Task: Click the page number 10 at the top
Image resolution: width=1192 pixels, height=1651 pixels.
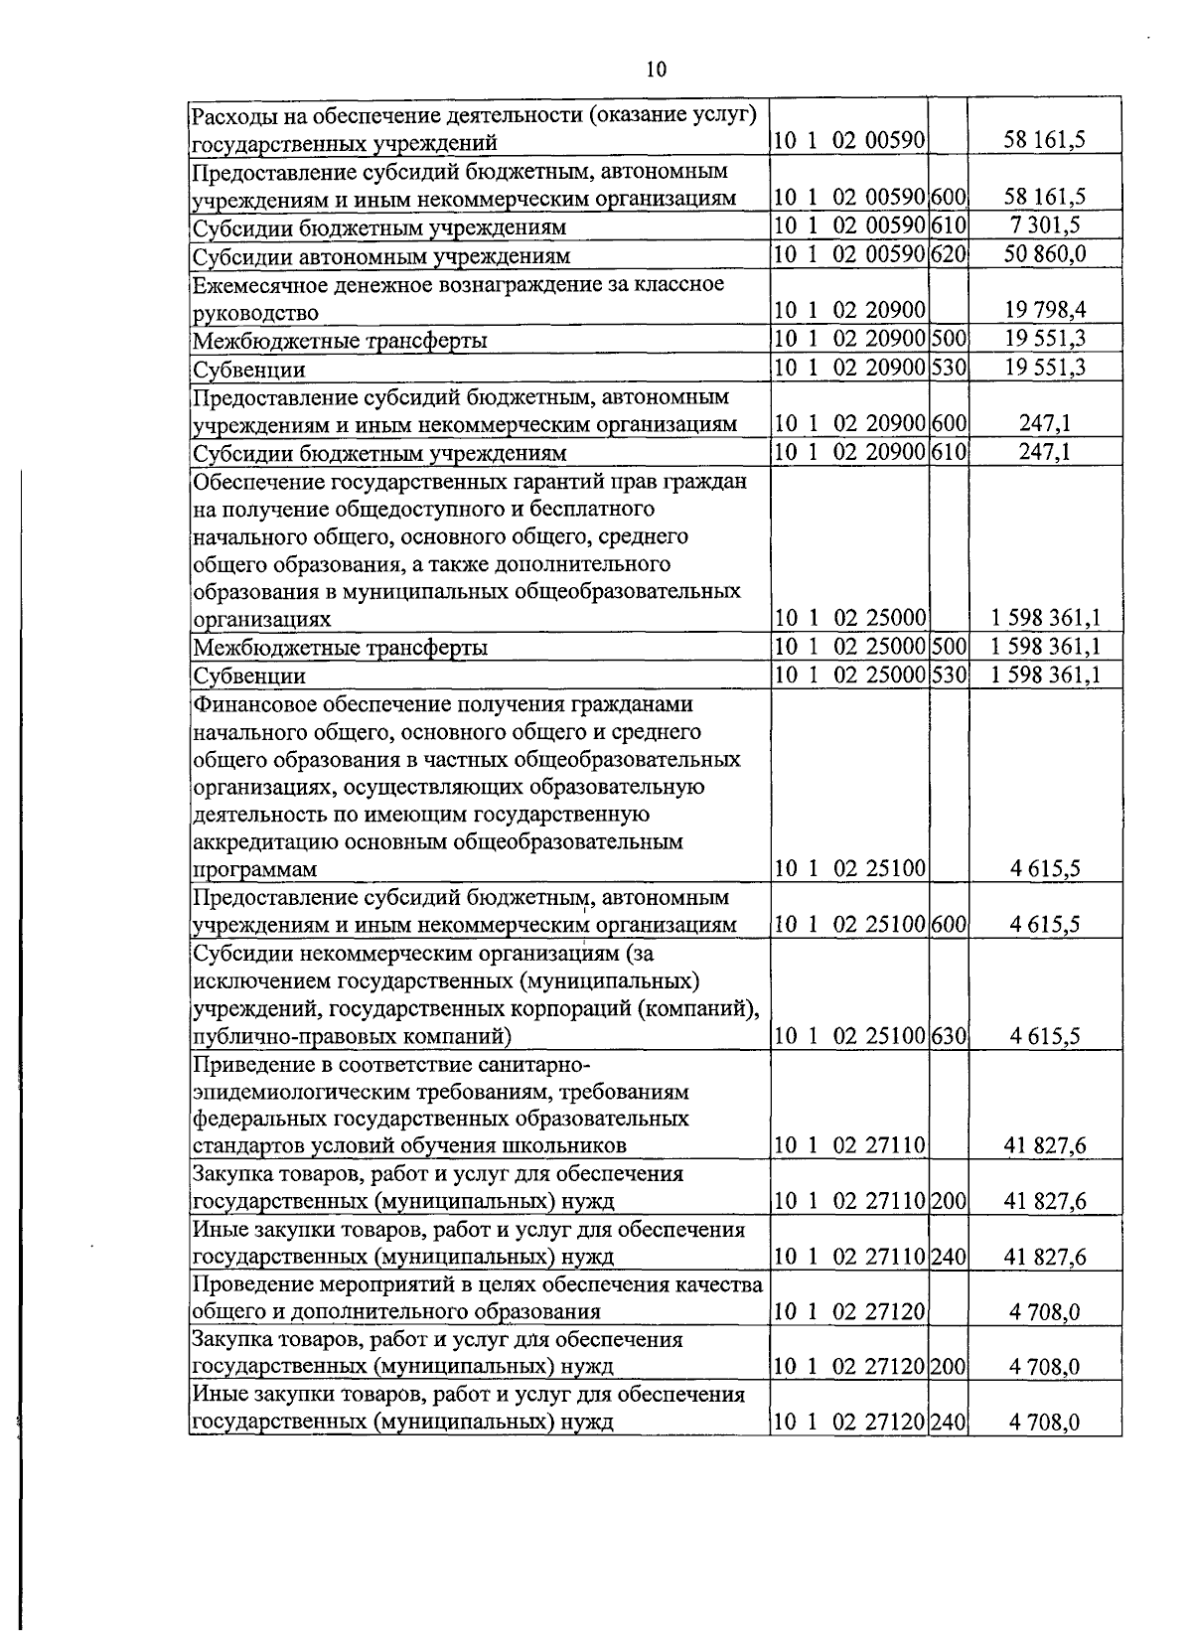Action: click(656, 69)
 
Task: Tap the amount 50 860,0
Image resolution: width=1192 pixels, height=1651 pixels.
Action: click(1045, 254)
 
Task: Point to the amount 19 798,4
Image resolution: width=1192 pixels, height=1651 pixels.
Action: click(1045, 312)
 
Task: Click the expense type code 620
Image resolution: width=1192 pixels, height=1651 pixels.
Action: click(949, 254)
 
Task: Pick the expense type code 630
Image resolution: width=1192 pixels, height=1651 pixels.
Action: click(949, 1036)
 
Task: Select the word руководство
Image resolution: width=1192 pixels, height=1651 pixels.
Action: click(255, 314)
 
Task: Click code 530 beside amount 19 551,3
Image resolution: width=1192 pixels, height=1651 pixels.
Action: click(949, 369)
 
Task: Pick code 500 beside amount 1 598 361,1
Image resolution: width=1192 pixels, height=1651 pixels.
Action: click(949, 647)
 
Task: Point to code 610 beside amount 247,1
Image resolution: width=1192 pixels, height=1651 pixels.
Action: click(949, 453)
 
